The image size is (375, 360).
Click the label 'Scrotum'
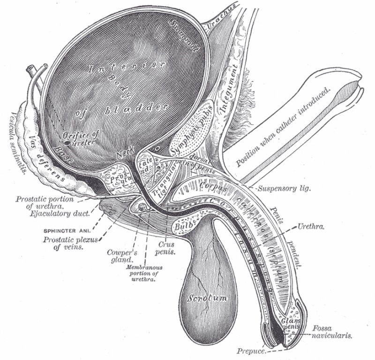click(207, 298)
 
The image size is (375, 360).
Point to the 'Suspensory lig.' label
click(285, 189)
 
